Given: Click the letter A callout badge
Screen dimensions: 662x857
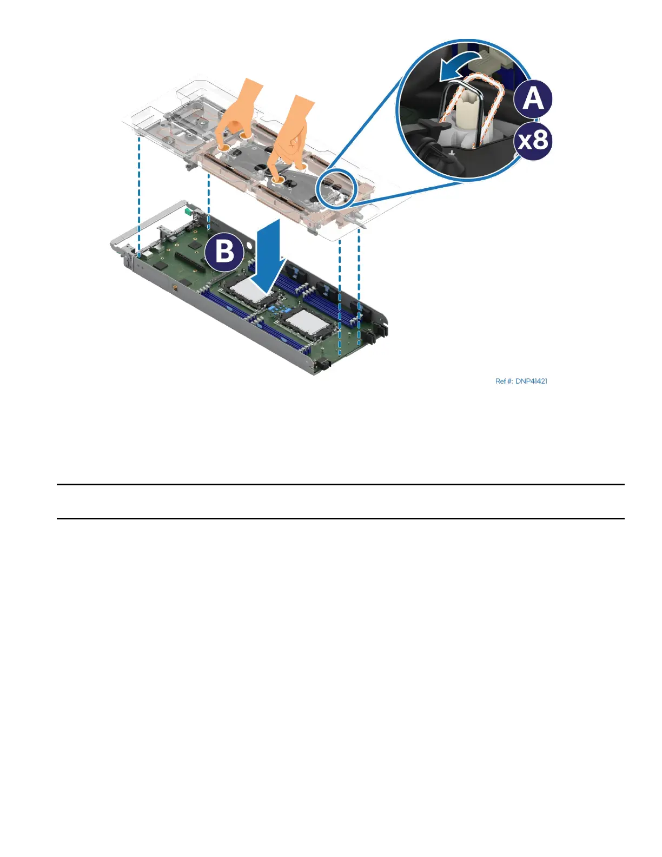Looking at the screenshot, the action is point(533,99).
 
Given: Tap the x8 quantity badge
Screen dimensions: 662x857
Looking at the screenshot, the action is point(533,141).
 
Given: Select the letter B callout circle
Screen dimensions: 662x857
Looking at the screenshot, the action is point(224,252).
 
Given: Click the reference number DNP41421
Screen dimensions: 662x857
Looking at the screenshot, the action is point(521,381).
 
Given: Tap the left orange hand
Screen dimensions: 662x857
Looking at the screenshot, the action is point(238,111).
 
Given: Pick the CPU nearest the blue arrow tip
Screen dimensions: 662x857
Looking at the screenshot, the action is point(249,293).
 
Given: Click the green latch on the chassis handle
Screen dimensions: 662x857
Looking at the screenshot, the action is point(188,209).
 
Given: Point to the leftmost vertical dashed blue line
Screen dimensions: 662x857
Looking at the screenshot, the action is point(140,195).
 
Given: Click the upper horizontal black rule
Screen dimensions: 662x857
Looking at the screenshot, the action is point(341,485).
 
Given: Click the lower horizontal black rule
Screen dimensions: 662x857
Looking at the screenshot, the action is point(341,518).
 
